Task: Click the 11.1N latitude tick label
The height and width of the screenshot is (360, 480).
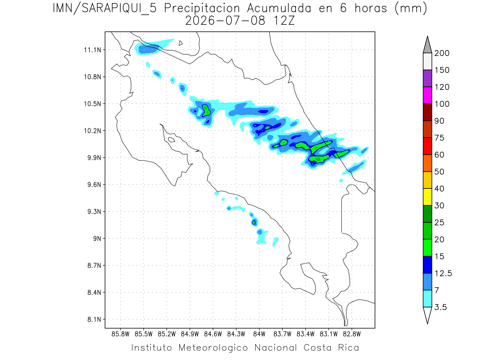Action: pos(92,50)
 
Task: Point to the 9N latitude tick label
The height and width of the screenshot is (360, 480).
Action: pos(97,238)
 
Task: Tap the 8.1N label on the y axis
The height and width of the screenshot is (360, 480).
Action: pos(94,319)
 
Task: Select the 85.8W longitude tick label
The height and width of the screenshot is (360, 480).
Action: pos(120,334)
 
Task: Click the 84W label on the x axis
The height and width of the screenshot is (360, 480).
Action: pos(259,334)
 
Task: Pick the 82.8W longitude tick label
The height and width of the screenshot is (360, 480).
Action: pos(352,334)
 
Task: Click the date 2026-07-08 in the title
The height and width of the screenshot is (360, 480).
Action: pos(225,21)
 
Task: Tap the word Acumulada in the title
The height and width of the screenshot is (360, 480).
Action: pos(279,8)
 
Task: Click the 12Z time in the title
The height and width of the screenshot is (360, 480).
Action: pos(284,21)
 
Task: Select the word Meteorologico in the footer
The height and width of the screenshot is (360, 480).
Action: pos(213,348)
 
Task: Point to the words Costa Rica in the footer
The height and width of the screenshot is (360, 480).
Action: pos(331,348)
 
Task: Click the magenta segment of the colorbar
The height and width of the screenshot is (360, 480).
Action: pos(427,95)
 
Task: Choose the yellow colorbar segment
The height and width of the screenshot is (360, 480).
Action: pos(427,197)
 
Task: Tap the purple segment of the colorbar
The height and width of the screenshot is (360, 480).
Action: pos(427,78)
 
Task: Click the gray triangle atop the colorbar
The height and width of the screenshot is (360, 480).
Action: pos(427,46)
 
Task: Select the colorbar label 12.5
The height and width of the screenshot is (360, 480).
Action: pos(443,273)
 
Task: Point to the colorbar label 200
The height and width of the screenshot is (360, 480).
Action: pos(442,53)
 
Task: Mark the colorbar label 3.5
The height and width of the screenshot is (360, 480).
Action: pos(440,307)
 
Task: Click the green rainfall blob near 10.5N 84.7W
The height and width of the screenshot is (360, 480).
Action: pos(206,111)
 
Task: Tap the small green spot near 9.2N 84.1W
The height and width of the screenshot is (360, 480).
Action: pos(254,222)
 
